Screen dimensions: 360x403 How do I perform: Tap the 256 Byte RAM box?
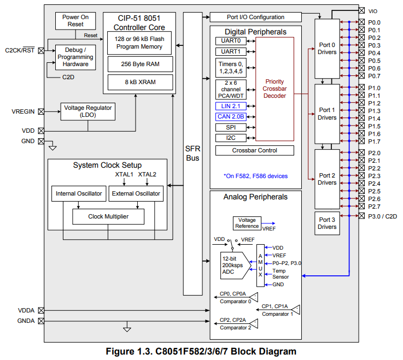(x=138, y=64)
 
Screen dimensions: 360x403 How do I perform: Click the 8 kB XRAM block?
(x=138, y=82)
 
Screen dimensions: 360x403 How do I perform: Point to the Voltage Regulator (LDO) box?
(x=87, y=111)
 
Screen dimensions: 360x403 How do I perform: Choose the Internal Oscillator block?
(x=79, y=193)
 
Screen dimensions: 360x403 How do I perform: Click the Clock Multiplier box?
(x=108, y=216)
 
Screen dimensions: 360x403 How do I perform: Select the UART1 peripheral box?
(x=230, y=51)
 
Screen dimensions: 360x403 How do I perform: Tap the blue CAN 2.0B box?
(x=230, y=116)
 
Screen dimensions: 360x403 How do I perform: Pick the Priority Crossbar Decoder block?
(x=274, y=88)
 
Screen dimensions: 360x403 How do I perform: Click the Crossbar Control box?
(x=254, y=150)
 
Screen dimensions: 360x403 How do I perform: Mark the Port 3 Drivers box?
(x=327, y=223)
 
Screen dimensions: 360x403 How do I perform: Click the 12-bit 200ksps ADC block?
(x=233, y=265)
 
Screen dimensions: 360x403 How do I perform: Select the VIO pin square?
(x=362, y=10)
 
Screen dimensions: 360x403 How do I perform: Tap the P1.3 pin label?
(x=375, y=111)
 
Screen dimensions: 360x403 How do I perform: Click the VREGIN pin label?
(x=23, y=111)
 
